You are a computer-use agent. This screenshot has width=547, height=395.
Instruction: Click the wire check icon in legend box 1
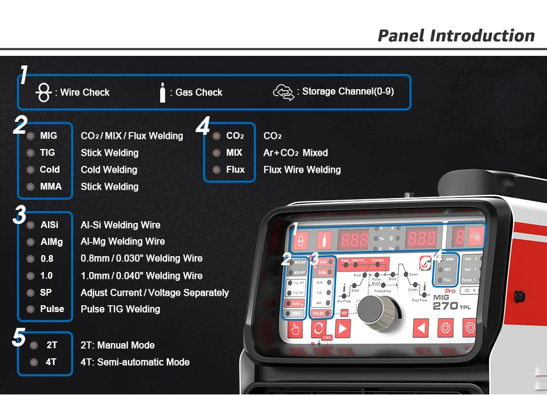click(x=43, y=93)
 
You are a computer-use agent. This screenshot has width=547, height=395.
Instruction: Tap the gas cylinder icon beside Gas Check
click(x=162, y=92)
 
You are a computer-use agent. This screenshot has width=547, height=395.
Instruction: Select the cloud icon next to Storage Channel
click(x=284, y=92)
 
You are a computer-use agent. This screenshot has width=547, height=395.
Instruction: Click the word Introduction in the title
click(x=482, y=36)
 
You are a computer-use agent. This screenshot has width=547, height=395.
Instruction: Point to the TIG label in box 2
click(x=47, y=152)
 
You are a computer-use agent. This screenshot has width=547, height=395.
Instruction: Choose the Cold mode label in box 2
click(x=50, y=169)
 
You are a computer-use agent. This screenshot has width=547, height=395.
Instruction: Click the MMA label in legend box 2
click(x=51, y=186)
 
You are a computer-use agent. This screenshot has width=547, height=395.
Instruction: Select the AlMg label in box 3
click(x=51, y=242)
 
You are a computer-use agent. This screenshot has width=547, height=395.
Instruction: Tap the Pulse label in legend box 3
click(x=52, y=309)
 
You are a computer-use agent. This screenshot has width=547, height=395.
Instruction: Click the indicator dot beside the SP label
click(x=30, y=292)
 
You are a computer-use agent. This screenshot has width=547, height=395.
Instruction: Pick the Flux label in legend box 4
click(x=235, y=169)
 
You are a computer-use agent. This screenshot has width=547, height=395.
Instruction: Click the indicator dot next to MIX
click(x=216, y=152)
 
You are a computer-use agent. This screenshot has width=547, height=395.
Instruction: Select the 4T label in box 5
click(x=51, y=362)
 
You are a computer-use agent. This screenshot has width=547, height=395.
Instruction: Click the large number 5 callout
click(x=19, y=337)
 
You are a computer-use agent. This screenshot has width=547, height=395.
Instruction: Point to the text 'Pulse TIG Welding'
click(x=120, y=309)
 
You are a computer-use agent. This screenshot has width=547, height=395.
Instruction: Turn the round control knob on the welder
click(x=373, y=309)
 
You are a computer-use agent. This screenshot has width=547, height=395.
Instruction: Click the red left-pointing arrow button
click(x=421, y=327)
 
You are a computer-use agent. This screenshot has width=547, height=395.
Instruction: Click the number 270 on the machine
click(x=444, y=306)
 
